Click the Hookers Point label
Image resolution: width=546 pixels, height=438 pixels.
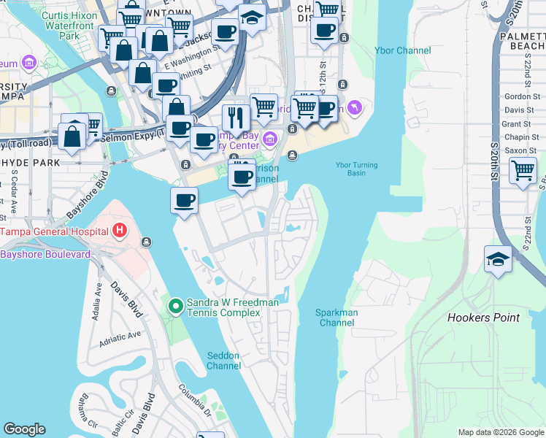[x=483, y=318]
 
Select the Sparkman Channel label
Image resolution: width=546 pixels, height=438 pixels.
[x=336, y=318]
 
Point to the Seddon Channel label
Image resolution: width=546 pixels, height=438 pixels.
[x=223, y=360]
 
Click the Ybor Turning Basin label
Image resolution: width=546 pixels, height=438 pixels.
[x=357, y=169]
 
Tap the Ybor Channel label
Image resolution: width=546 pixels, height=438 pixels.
[x=402, y=50]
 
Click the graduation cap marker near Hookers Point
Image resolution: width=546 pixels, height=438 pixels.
[x=498, y=260]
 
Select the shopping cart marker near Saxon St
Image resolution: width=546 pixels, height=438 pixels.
[x=523, y=172]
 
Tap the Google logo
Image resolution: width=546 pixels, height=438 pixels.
[x=24, y=429]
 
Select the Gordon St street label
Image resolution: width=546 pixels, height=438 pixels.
[x=517, y=96]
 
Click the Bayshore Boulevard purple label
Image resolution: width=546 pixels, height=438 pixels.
[x=45, y=254]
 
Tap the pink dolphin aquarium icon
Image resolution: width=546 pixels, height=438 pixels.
[x=355, y=108]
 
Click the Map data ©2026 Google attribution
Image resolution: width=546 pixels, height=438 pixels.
[x=501, y=432]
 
